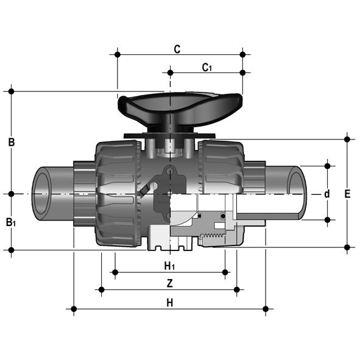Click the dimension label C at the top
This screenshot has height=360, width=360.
tap(177, 49)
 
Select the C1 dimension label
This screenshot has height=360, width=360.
tap(207, 68)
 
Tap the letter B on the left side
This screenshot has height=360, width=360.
tap(12, 142)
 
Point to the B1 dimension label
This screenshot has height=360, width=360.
tap(11, 222)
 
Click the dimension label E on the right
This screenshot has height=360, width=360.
tap(347, 194)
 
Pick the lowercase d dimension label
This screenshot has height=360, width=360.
tap(326, 194)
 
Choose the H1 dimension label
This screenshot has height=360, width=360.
tap(169, 266)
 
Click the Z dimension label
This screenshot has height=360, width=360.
tap(169, 283)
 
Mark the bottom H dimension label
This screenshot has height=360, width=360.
tap(170, 303)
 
